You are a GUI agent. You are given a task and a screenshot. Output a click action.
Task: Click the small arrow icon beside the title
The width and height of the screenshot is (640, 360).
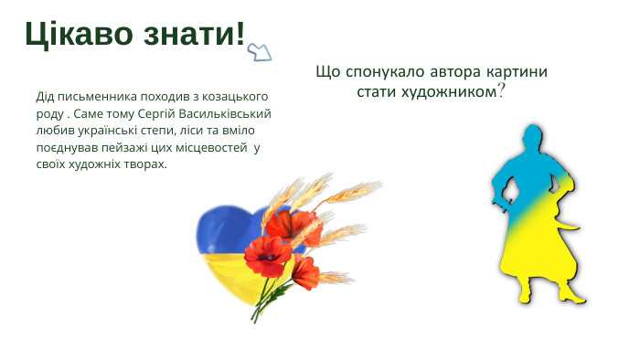(x=261, y=52)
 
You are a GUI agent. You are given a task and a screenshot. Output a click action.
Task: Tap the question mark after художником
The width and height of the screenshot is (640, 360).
(x=501, y=92)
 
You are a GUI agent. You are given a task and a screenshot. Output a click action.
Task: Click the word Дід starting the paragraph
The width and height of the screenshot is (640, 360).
(x=46, y=96)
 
